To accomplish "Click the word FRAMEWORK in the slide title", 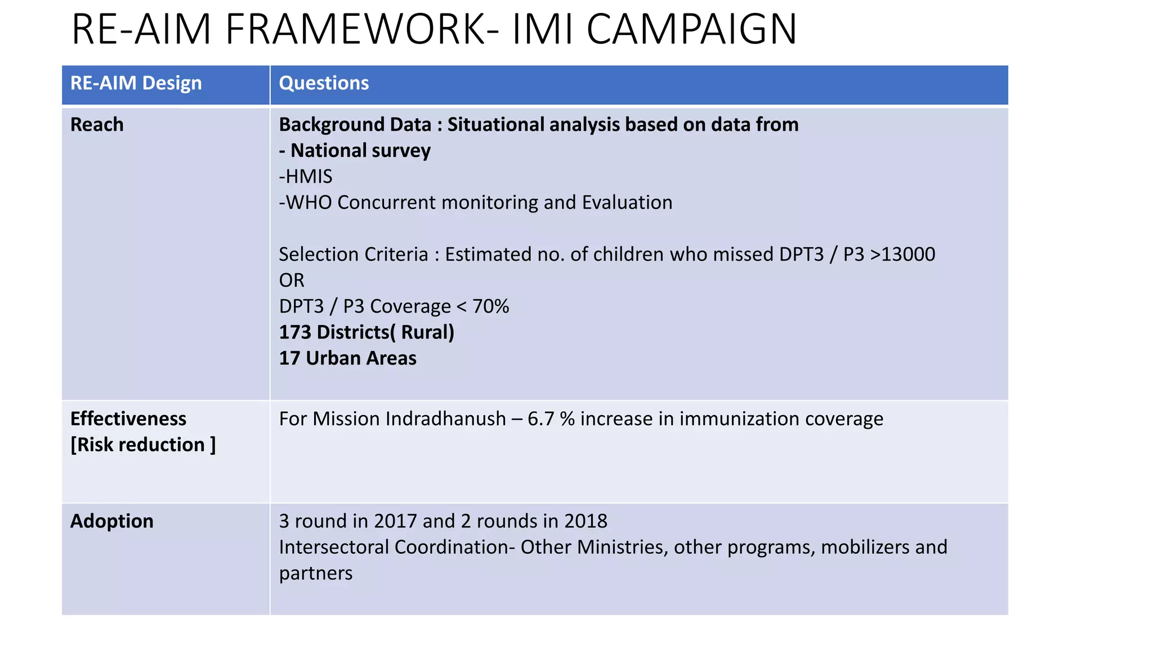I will [362, 29].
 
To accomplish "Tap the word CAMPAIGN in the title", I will [691, 29].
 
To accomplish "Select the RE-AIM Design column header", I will [136, 83].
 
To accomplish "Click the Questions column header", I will [324, 83].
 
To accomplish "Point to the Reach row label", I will [97, 125].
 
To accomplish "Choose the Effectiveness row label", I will [128, 419].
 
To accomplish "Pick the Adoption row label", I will [111, 521].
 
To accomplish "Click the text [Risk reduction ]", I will [143, 444].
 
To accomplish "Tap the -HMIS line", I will [306, 177].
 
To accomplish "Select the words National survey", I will [360, 150].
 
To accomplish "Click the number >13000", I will [902, 254].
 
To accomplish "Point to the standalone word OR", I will [292, 280].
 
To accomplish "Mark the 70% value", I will [490, 306].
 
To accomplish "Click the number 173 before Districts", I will [295, 332].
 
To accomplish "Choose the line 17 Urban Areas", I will [347, 358].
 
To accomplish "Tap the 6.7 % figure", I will [551, 419].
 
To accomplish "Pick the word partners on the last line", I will [315, 574].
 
